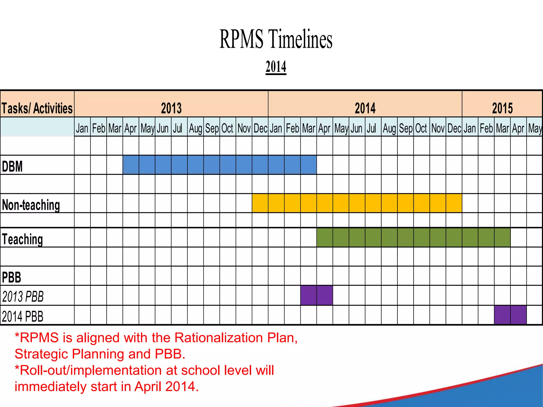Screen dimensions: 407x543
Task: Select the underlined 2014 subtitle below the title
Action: [x=276, y=67]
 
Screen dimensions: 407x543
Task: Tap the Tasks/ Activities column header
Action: [x=37, y=108]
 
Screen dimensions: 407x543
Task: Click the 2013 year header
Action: [x=171, y=108]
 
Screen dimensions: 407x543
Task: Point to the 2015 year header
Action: [x=502, y=108]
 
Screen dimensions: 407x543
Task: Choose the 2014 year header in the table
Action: [x=365, y=108]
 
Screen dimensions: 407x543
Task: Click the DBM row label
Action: [x=12, y=166]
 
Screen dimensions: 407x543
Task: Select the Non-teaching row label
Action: [x=31, y=205]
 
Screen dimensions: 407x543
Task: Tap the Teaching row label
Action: [x=22, y=239]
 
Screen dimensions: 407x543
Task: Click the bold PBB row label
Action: [x=11, y=277]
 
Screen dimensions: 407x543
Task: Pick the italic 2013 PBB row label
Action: [x=23, y=297]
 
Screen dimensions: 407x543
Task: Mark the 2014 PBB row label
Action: [x=23, y=316]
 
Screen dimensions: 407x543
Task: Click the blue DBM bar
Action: [x=220, y=165]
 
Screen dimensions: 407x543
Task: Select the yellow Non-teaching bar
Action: [x=357, y=203]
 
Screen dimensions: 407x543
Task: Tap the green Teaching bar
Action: [x=413, y=237]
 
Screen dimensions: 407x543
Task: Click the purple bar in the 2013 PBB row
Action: [x=317, y=295]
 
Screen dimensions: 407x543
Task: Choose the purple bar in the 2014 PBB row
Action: [x=510, y=315]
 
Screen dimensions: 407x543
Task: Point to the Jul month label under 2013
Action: [x=178, y=129]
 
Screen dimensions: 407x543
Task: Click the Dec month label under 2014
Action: [x=454, y=129]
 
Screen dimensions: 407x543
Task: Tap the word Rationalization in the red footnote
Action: [x=219, y=338]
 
